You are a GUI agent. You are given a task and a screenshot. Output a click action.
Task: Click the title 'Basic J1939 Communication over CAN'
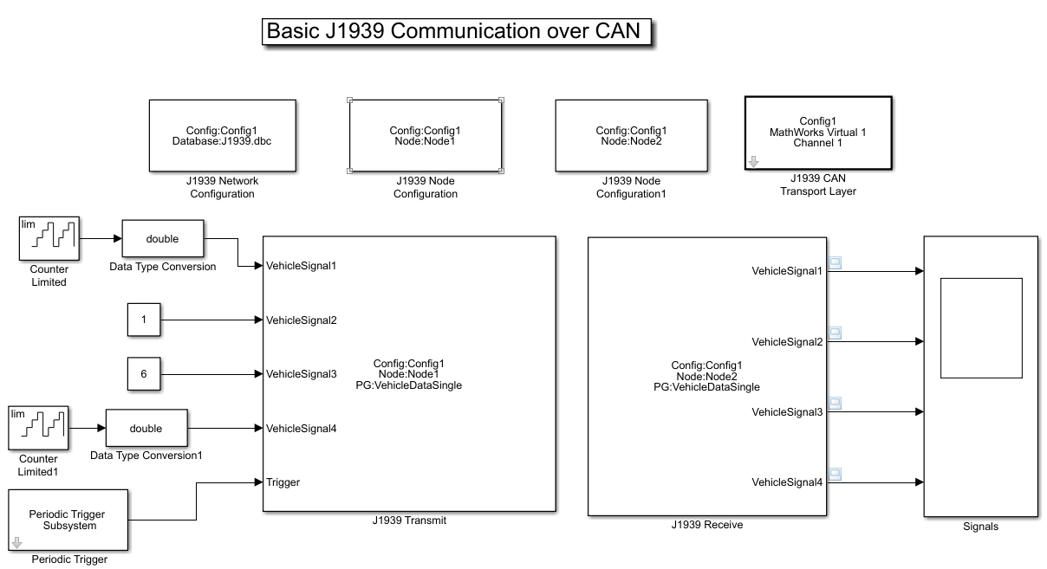pyautogui.click(x=453, y=31)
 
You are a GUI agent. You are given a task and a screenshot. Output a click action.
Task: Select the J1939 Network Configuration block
pyautogui.click(x=222, y=135)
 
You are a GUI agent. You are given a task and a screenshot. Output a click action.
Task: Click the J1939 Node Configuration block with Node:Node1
pyautogui.click(x=425, y=136)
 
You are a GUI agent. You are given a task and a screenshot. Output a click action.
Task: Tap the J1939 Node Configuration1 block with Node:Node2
pyautogui.click(x=631, y=135)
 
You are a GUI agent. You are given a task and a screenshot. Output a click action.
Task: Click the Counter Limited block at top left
pyautogui.click(x=49, y=239)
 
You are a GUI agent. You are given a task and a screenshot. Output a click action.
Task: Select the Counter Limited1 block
pyautogui.click(x=38, y=428)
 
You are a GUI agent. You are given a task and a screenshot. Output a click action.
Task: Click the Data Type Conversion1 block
pyautogui.click(x=146, y=429)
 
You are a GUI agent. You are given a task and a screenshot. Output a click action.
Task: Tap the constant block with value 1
pyautogui.click(x=144, y=320)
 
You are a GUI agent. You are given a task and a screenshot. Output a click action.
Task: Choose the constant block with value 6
pyautogui.click(x=144, y=374)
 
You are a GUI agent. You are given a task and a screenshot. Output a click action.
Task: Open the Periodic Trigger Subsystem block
pyautogui.click(x=68, y=520)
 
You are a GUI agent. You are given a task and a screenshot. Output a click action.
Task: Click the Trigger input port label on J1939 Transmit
pyautogui.click(x=283, y=482)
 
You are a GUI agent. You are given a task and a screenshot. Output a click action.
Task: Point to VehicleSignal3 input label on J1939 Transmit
pyautogui.click(x=301, y=374)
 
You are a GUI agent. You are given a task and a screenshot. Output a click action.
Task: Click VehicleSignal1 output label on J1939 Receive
pyautogui.click(x=786, y=271)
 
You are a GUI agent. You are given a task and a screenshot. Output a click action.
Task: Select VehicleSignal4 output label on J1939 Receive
pyautogui.click(x=786, y=482)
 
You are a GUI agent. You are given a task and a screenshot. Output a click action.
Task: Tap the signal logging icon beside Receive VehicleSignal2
pyautogui.click(x=835, y=333)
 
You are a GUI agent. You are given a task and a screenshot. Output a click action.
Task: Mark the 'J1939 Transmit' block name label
pyautogui.click(x=409, y=521)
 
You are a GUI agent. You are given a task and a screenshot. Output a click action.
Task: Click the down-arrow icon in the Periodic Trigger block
pyautogui.click(x=16, y=543)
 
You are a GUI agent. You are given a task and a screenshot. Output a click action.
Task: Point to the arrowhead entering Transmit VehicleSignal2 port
pyautogui.click(x=258, y=320)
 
